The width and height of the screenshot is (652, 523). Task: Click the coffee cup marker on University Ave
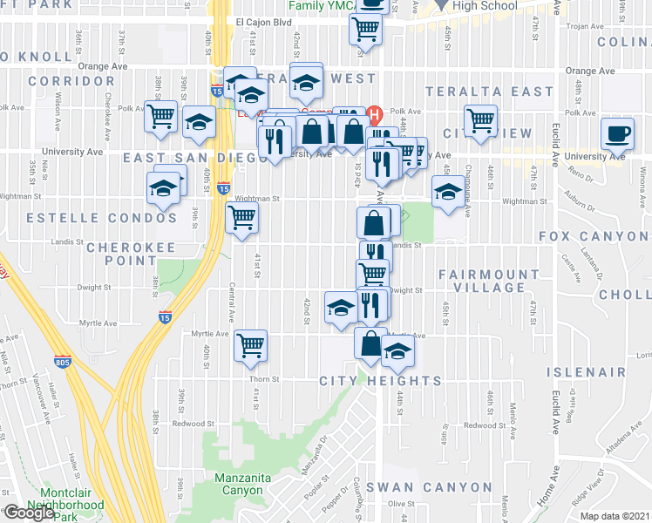click(618, 135)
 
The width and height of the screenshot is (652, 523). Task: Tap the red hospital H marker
click(376, 114)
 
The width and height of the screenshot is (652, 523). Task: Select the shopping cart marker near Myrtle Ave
click(251, 344)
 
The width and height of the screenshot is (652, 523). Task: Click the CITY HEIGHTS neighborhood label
click(380, 381)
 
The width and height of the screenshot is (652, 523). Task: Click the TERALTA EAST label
click(489, 92)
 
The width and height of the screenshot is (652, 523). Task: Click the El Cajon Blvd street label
click(264, 23)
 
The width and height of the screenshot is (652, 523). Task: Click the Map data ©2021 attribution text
click(615, 516)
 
